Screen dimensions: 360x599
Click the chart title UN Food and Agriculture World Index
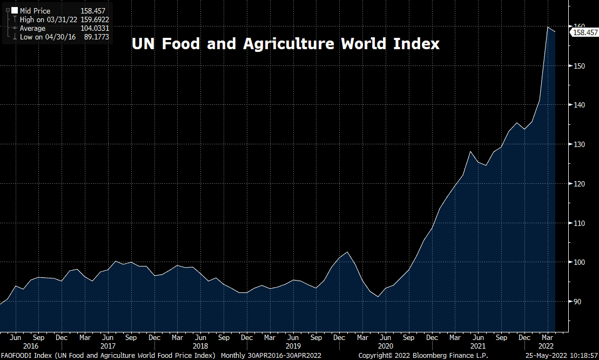pyautogui.click(x=286, y=44)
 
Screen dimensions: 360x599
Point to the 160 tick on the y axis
pyautogui.click(x=580, y=26)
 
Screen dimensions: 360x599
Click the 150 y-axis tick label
pyautogui.click(x=580, y=66)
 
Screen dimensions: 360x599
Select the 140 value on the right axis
pyautogui.click(x=580, y=105)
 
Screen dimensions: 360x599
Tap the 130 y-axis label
pyautogui.click(x=580, y=144)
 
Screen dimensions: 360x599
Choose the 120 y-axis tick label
pyautogui.click(x=580, y=184)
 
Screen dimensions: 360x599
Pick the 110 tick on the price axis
pyautogui.click(x=580, y=223)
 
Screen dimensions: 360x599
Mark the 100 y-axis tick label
pyautogui.click(x=580, y=262)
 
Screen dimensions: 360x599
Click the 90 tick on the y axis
pyautogui.click(x=578, y=302)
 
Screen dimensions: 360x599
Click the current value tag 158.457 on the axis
pyautogui.click(x=584, y=33)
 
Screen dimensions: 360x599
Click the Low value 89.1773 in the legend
pyautogui.click(x=95, y=37)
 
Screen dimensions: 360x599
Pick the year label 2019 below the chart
pyautogui.click(x=293, y=346)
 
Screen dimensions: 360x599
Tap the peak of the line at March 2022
pyautogui.click(x=548, y=27)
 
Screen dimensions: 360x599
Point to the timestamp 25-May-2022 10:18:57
pyautogui.click(x=562, y=356)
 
